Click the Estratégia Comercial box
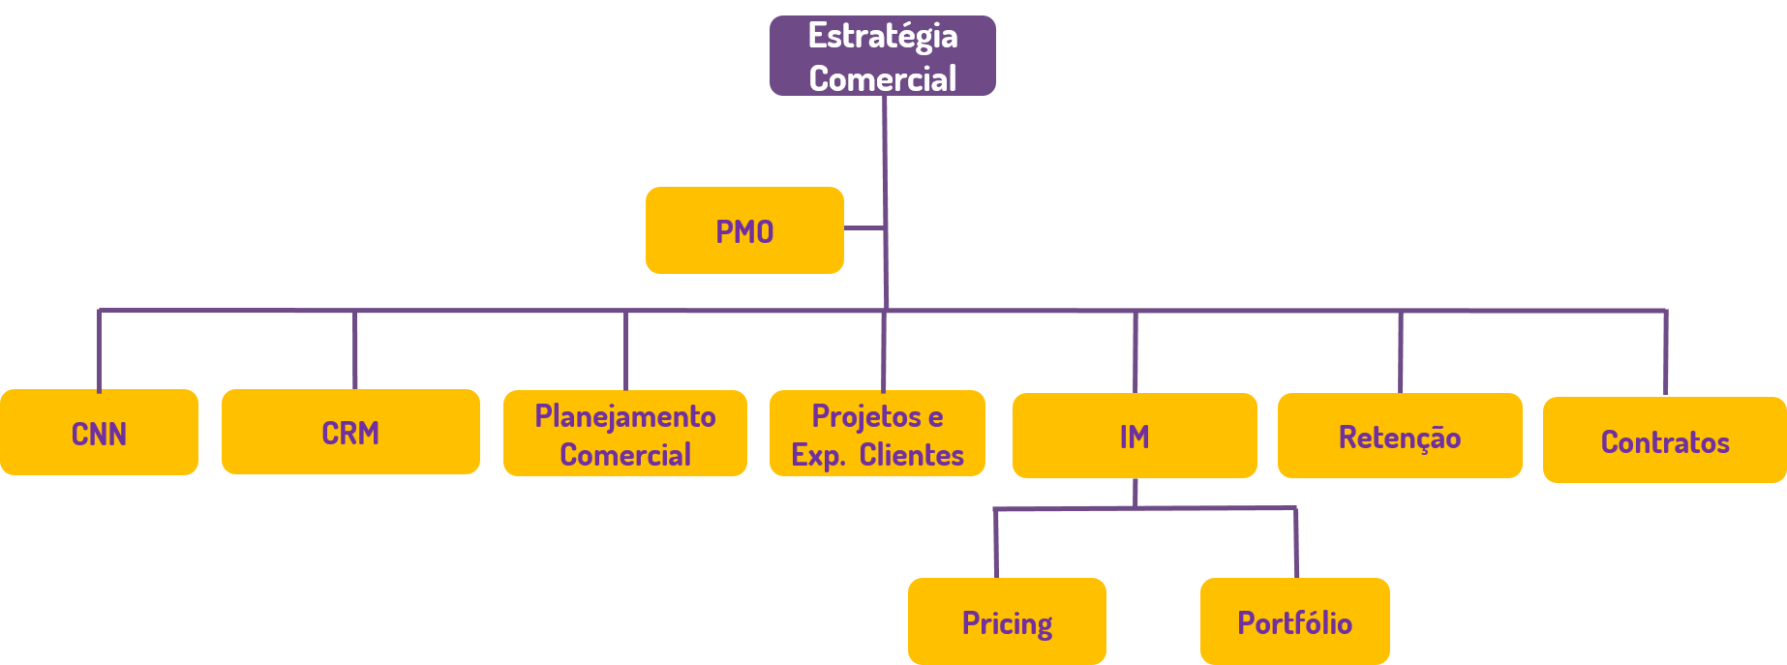coord(882,56)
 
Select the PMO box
coord(744,230)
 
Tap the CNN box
coord(99,433)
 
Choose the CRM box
coord(350,432)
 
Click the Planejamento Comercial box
coord(624,434)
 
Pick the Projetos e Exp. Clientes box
coord(877,434)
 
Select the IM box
coord(1135,436)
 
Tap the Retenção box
coord(1400,436)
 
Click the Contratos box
coord(1664,440)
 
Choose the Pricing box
coord(1007,621)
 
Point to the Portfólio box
coord(1294,621)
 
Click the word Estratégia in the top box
coord(882,36)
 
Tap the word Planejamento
coord(624,416)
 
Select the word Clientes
coord(911,454)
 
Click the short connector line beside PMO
coord(863,228)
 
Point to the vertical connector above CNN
coord(99,350)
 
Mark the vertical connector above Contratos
coord(1665,352)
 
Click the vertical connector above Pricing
coord(996,543)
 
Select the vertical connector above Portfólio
coord(1295,543)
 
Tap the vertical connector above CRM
coord(355,350)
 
